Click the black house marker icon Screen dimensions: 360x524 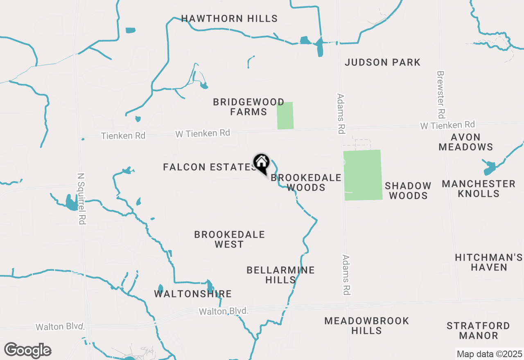coord(261,163)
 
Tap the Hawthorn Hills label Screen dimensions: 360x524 coord(229,18)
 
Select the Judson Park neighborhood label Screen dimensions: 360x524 coord(382,62)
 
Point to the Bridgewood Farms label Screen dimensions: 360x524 coord(248,107)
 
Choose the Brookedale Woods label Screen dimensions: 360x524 coord(306,182)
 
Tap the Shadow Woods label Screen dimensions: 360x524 coord(408,191)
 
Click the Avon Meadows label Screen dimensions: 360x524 coord(466,142)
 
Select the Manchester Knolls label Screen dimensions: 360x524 coord(479,189)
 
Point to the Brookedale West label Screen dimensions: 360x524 coord(229,239)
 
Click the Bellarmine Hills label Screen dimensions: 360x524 coord(280,275)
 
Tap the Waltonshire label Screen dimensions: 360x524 coord(193,294)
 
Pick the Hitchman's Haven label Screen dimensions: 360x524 coord(489,262)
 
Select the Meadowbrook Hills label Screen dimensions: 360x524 coord(366,326)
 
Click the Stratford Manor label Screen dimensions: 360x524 coord(478,331)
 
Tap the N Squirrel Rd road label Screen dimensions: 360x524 coord(81,198)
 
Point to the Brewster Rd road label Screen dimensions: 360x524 coord(440,94)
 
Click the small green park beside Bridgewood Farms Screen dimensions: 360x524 coord(285,116)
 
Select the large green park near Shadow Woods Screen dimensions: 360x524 coord(363,175)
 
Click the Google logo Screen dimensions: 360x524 coord(27,351)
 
